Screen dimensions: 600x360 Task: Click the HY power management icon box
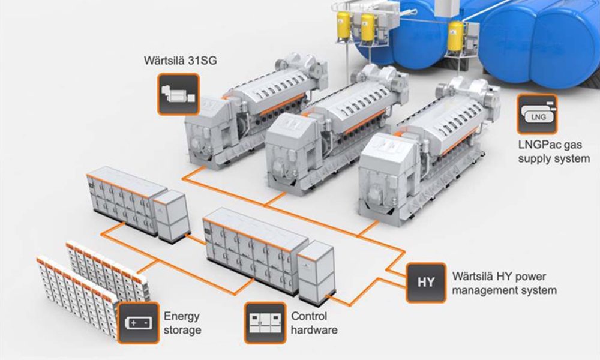click(426, 283)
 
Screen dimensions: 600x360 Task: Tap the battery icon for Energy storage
click(138, 323)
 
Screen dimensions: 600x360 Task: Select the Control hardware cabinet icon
click(265, 323)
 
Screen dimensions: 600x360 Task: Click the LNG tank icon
click(537, 114)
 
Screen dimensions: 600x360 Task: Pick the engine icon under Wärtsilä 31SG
click(178, 94)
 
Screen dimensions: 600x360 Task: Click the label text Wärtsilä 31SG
click(180, 61)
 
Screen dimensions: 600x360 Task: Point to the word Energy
click(181, 317)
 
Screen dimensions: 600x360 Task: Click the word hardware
click(314, 330)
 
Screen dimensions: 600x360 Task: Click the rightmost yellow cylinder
click(455, 37)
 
